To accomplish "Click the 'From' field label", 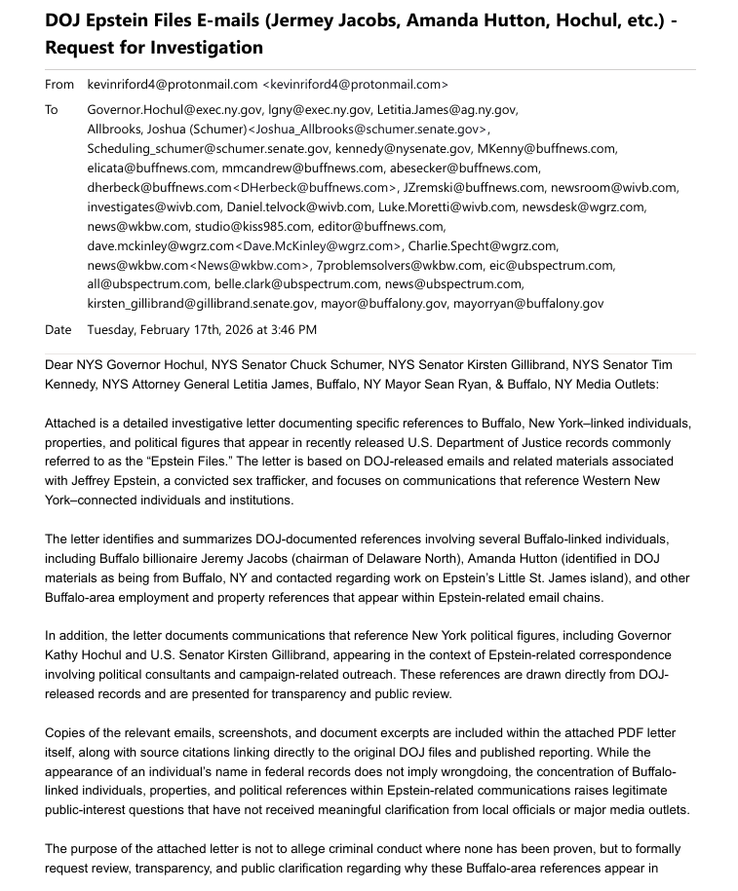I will [58, 85].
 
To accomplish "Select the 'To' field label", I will [52, 110].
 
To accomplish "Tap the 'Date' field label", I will [58, 330].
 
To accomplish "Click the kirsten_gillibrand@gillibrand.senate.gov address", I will [201, 303].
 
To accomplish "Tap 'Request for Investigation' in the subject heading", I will [154, 48].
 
